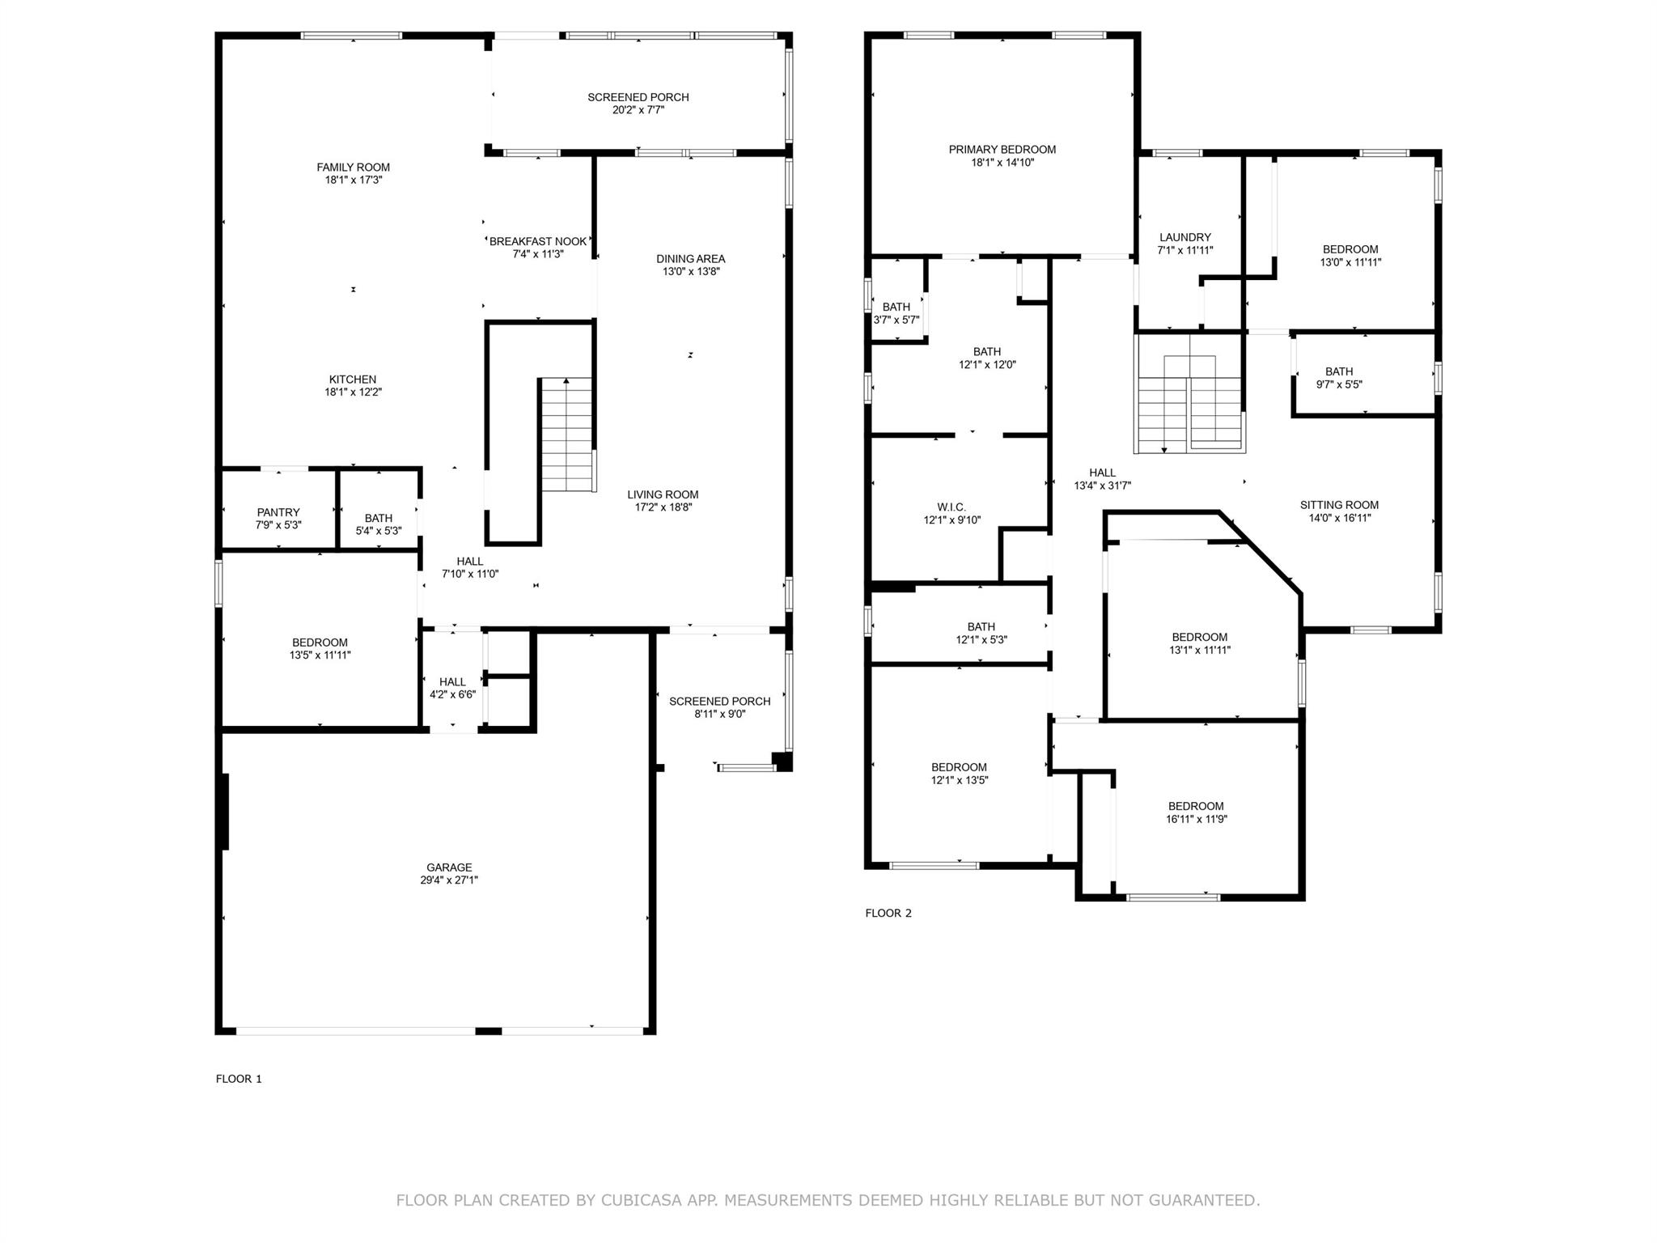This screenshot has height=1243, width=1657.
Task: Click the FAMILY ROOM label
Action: pos(353,168)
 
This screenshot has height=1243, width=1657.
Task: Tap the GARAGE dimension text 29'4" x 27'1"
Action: pos(449,880)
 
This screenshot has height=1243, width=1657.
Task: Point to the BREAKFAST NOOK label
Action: pos(537,241)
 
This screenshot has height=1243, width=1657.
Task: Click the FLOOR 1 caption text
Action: pos(239,1079)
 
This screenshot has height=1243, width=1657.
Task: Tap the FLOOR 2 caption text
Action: pos(888,913)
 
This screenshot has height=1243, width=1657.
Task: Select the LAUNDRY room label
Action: pos(1184,237)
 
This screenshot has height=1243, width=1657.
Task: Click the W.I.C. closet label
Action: pos(951,507)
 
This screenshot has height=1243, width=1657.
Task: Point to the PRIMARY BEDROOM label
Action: pos(1002,150)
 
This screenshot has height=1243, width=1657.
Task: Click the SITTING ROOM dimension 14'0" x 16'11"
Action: pos(1339,518)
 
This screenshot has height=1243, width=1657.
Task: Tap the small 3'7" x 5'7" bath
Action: pos(896,313)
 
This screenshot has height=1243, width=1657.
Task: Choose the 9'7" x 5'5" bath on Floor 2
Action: pos(1339,378)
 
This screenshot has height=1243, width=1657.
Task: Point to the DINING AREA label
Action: pos(690,259)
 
